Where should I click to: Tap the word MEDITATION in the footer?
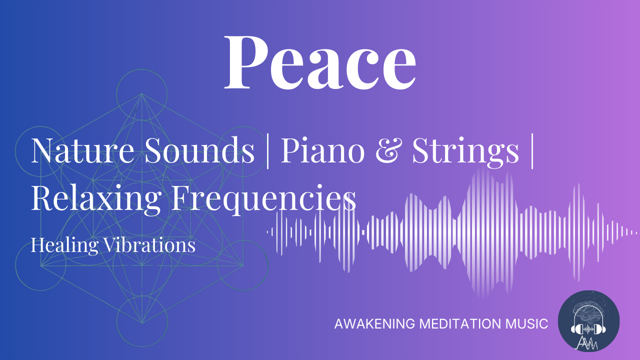[x=460, y=324]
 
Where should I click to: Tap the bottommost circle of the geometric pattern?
[x=142, y=319]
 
